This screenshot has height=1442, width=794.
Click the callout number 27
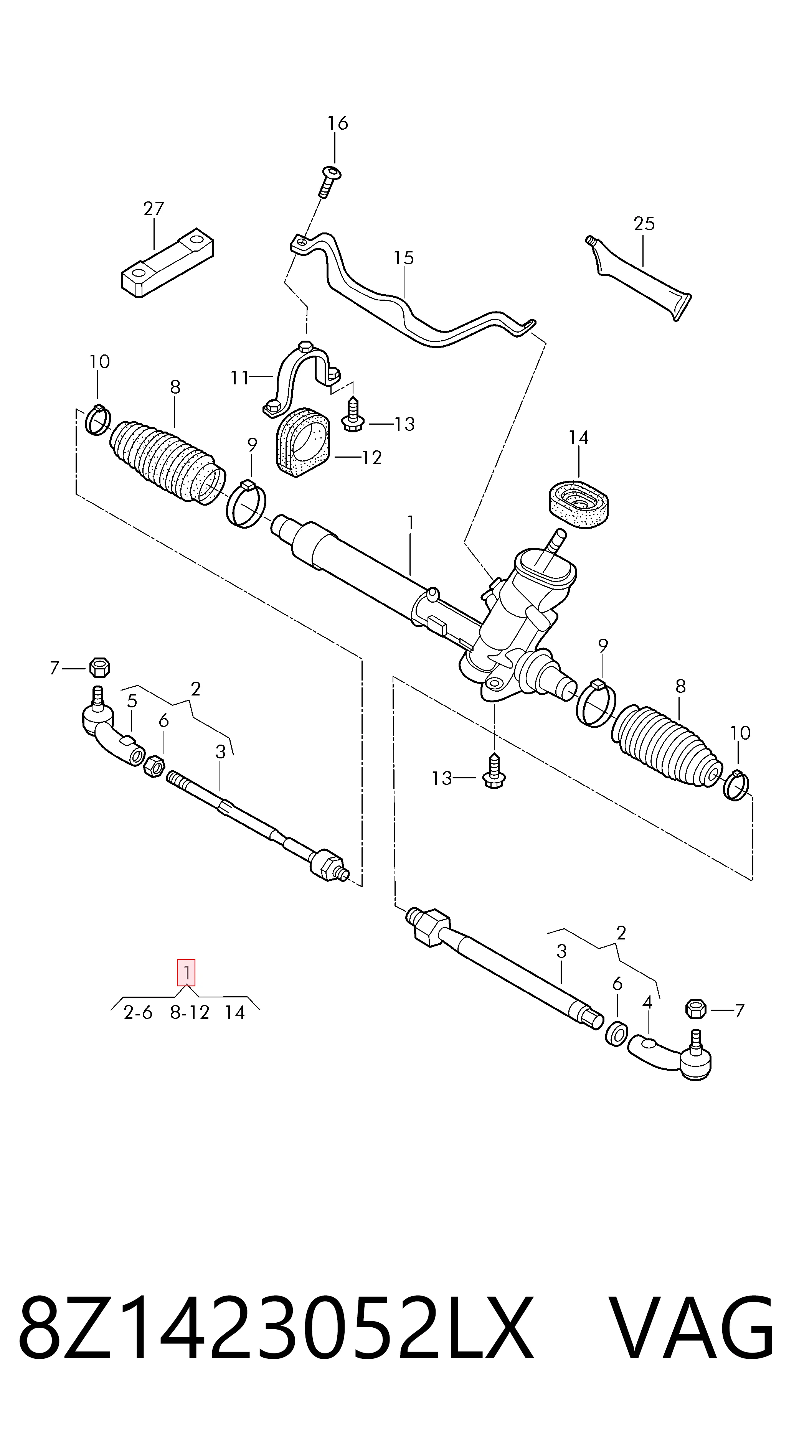tap(154, 209)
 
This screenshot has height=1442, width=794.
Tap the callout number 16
tap(338, 123)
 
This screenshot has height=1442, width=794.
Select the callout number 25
tap(644, 224)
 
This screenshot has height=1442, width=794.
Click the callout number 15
tap(403, 258)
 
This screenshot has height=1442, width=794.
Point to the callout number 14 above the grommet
tap(578, 438)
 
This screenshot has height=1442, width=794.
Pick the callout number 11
tap(239, 378)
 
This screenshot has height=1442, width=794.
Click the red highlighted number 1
tap(187, 973)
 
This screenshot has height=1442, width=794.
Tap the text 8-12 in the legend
tap(190, 1013)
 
